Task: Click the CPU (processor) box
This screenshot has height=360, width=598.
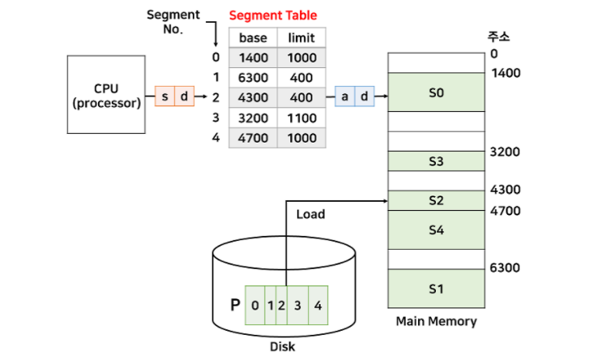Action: [x=105, y=96]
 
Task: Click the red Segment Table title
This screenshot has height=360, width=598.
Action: [x=273, y=15]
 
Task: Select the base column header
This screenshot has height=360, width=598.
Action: [x=253, y=38]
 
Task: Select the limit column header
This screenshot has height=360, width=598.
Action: [x=301, y=38]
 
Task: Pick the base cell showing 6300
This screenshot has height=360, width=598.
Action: [x=253, y=78]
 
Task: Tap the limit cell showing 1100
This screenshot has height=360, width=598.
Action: [x=301, y=118]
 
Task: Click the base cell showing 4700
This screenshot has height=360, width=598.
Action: [x=253, y=139]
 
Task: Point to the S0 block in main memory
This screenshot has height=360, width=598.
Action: [x=436, y=92]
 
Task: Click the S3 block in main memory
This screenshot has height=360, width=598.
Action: [x=436, y=161]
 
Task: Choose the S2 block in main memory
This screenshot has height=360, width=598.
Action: [x=436, y=200]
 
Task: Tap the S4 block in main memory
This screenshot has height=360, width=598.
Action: [x=436, y=229]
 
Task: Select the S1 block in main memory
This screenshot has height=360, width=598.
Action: [x=436, y=288]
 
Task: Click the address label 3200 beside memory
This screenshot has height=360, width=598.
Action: [x=506, y=152]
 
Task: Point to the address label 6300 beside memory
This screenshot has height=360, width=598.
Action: [x=506, y=268]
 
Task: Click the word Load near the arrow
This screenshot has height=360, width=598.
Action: [x=310, y=214]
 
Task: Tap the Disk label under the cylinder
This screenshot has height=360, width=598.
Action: [x=283, y=347]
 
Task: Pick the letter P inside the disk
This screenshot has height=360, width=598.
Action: [x=235, y=305]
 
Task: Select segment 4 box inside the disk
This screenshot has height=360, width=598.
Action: [x=318, y=306]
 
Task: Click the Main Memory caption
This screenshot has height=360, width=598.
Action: [x=436, y=321]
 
